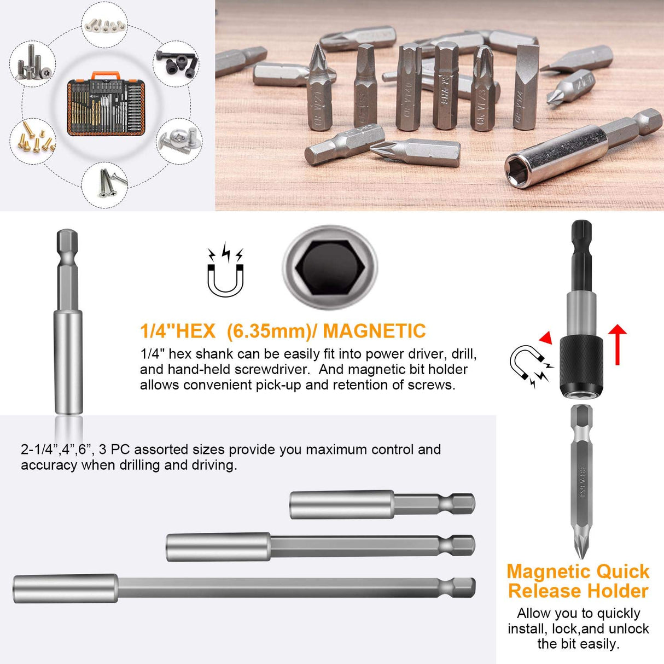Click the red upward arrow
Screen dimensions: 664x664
point(618,345)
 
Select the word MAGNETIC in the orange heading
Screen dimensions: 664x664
point(374,331)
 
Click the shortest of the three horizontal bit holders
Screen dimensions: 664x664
point(382,504)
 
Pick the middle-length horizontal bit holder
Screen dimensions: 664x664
point(320,546)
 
